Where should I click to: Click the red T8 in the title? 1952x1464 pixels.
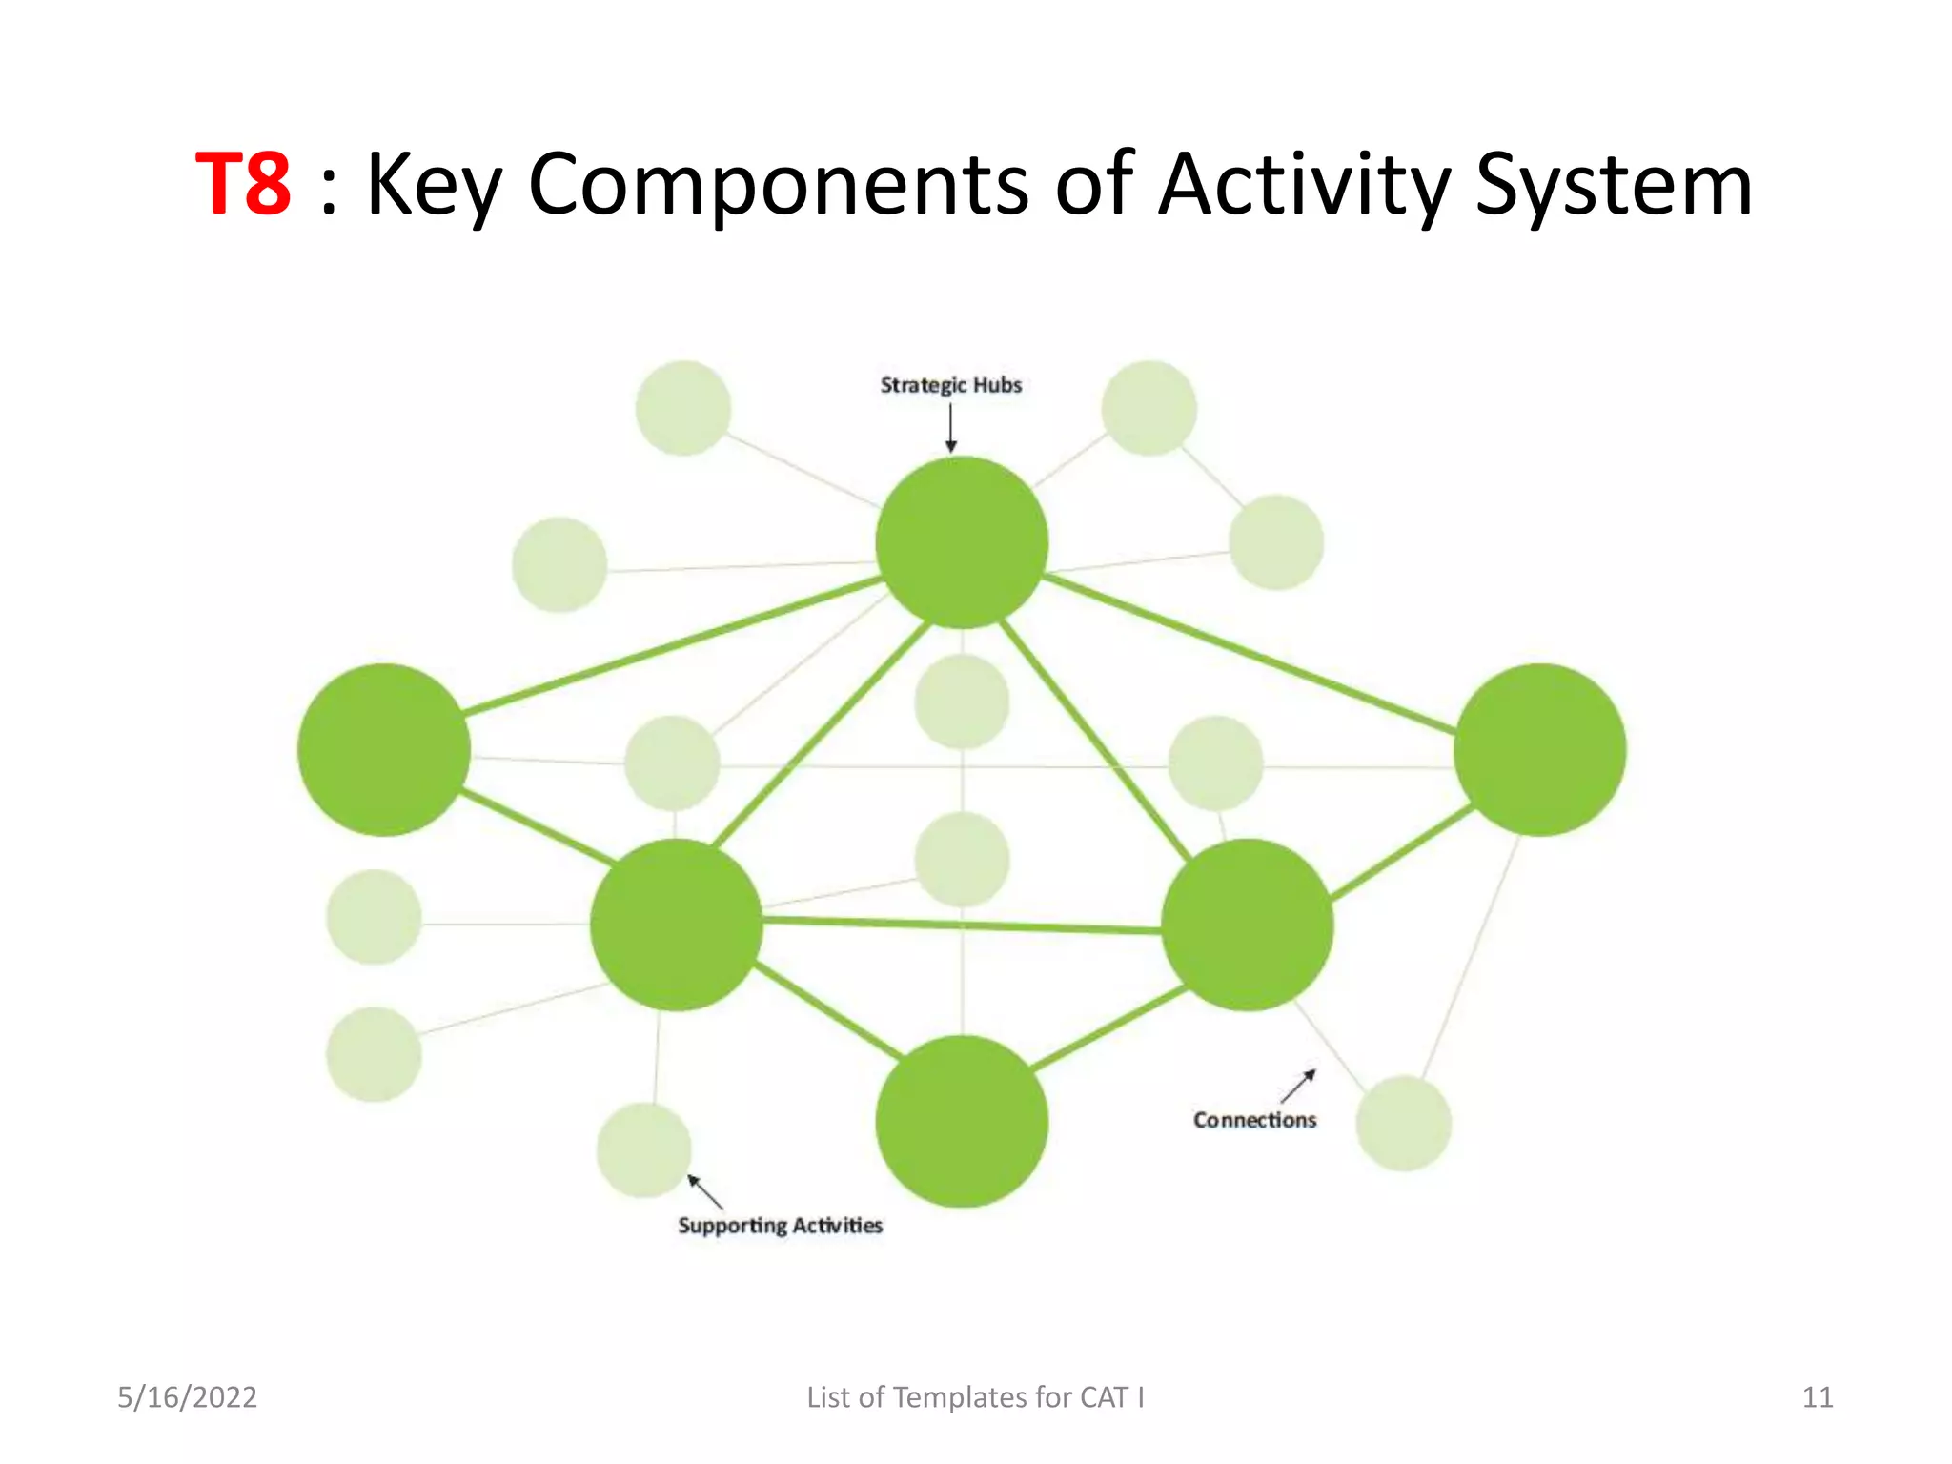pos(243,184)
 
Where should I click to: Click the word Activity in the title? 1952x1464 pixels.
pos(1305,184)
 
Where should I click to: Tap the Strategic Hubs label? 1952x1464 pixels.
pos(950,385)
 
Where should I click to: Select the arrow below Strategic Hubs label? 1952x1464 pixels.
pos(950,428)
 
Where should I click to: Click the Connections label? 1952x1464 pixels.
pos(1254,1120)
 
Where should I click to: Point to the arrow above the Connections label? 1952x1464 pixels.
pos(1298,1086)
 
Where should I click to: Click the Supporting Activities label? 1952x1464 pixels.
pos(780,1226)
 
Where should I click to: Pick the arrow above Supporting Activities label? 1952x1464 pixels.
pos(706,1192)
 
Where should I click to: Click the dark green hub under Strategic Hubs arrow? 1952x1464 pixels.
pos(962,542)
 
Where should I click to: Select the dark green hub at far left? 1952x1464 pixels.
pos(383,750)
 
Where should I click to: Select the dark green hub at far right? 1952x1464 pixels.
pos(1539,750)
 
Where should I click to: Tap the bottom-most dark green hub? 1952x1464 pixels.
pos(962,1121)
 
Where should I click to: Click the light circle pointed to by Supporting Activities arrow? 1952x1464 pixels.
pos(644,1150)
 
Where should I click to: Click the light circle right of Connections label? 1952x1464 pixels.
pos(1403,1124)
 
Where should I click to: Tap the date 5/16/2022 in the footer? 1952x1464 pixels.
pos(187,1397)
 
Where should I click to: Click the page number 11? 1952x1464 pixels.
pos(1817,1397)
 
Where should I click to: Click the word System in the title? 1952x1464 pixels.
pos(1613,184)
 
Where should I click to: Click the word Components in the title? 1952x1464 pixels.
pos(778,184)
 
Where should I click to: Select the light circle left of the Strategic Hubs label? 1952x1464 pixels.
pos(682,408)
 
